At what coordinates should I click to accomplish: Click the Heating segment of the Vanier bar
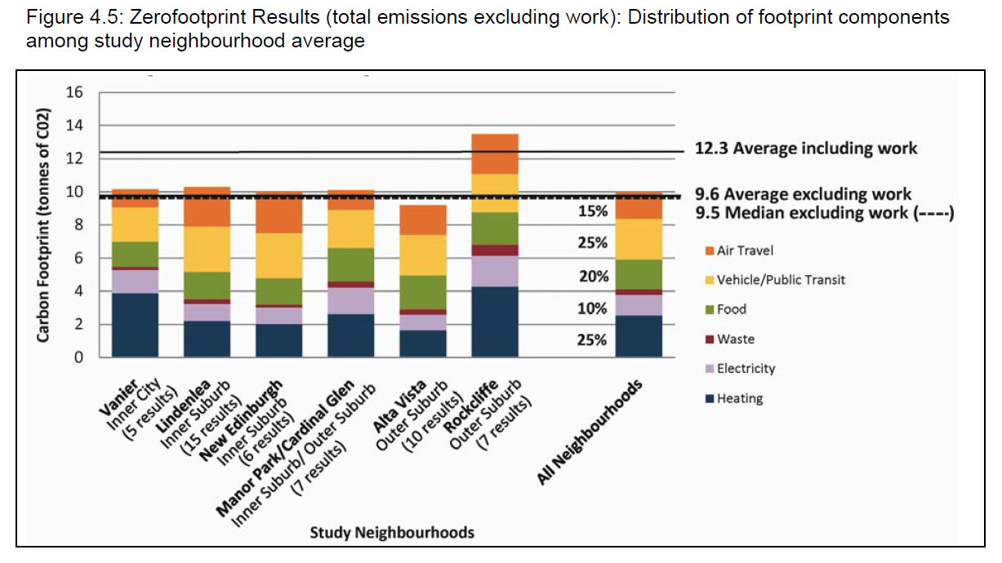click(x=136, y=325)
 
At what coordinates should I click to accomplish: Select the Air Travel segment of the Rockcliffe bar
click(x=495, y=153)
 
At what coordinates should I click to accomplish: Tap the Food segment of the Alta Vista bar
click(x=423, y=292)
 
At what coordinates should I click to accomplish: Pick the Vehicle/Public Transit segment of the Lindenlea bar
click(x=207, y=249)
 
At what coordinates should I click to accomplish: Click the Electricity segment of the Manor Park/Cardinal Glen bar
click(x=351, y=300)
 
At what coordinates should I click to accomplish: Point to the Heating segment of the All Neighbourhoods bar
click(x=639, y=336)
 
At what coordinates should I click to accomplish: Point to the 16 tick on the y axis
click(x=74, y=93)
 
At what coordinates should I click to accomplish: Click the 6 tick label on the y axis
click(x=78, y=259)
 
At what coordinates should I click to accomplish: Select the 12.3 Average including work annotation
click(x=805, y=149)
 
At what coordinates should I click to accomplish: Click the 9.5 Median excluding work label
click(x=824, y=213)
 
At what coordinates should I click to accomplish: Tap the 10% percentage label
click(x=593, y=309)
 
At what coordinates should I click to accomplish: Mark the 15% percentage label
click(x=593, y=211)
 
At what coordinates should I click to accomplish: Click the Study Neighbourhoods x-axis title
click(x=392, y=533)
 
